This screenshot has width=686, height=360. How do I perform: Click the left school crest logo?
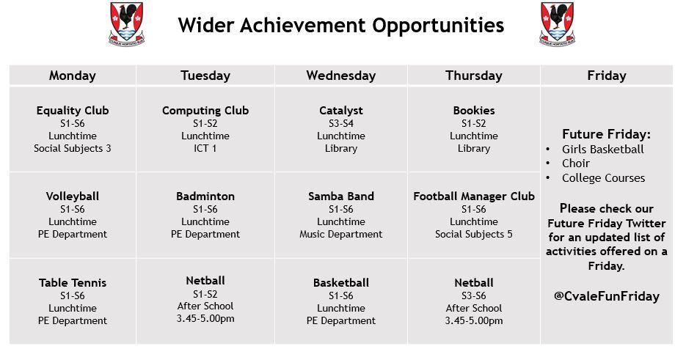click(126, 23)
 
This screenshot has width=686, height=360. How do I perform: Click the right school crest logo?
click(557, 23)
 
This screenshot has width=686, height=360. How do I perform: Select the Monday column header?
click(72, 76)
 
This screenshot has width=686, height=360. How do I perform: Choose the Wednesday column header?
click(341, 76)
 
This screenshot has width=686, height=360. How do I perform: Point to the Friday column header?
click(606, 76)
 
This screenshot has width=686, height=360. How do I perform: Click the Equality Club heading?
click(73, 110)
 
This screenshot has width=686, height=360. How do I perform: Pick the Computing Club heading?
click(205, 110)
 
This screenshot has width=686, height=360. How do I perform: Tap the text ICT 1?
click(205, 148)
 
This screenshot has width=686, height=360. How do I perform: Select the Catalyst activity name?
click(341, 111)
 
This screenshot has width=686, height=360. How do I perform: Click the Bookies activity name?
click(474, 110)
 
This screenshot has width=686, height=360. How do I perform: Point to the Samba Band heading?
click(341, 196)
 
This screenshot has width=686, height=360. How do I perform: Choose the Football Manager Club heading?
click(474, 196)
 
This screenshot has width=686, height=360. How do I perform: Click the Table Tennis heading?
click(73, 282)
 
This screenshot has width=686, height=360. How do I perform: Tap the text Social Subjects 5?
click(474, 235)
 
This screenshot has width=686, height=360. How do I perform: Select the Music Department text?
click(341, 235)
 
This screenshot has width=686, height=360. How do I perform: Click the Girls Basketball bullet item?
click(603, 149)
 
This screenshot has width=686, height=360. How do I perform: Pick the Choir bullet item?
click(576, 164)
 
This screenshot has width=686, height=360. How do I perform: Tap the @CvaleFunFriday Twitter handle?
click(606, 296)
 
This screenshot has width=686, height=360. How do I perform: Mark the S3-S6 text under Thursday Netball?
click(474, 295)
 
